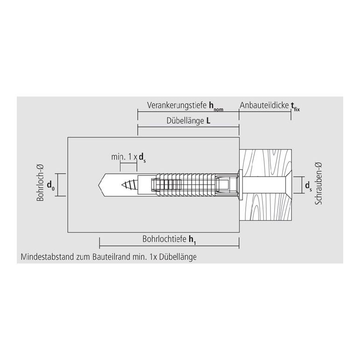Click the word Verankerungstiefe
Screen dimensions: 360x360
pos(177,105)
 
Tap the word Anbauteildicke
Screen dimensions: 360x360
pos(264,105)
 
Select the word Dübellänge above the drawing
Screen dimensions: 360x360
pos(185,121)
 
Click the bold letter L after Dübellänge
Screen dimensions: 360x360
pos(208,121)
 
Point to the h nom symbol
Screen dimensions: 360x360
pos(216,106)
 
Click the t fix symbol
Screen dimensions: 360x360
pos(295,107)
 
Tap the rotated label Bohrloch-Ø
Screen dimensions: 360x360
pos(40,183)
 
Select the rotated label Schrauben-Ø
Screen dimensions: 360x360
pos(318,183)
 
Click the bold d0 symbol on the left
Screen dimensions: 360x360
pos(51,186)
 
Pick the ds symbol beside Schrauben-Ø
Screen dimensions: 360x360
pos(308,186)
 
